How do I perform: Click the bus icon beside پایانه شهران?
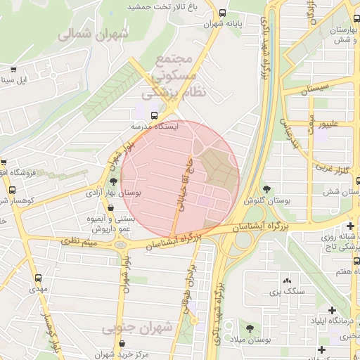pos(223,13)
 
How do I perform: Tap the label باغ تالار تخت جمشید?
pos(160,6)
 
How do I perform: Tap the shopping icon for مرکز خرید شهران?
pos(124,343)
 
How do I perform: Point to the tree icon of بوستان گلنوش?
pos(267,188)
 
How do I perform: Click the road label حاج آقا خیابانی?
pos(181,181)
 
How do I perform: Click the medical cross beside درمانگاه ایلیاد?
pos(333,310)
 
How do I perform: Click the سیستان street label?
pos(314,90)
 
